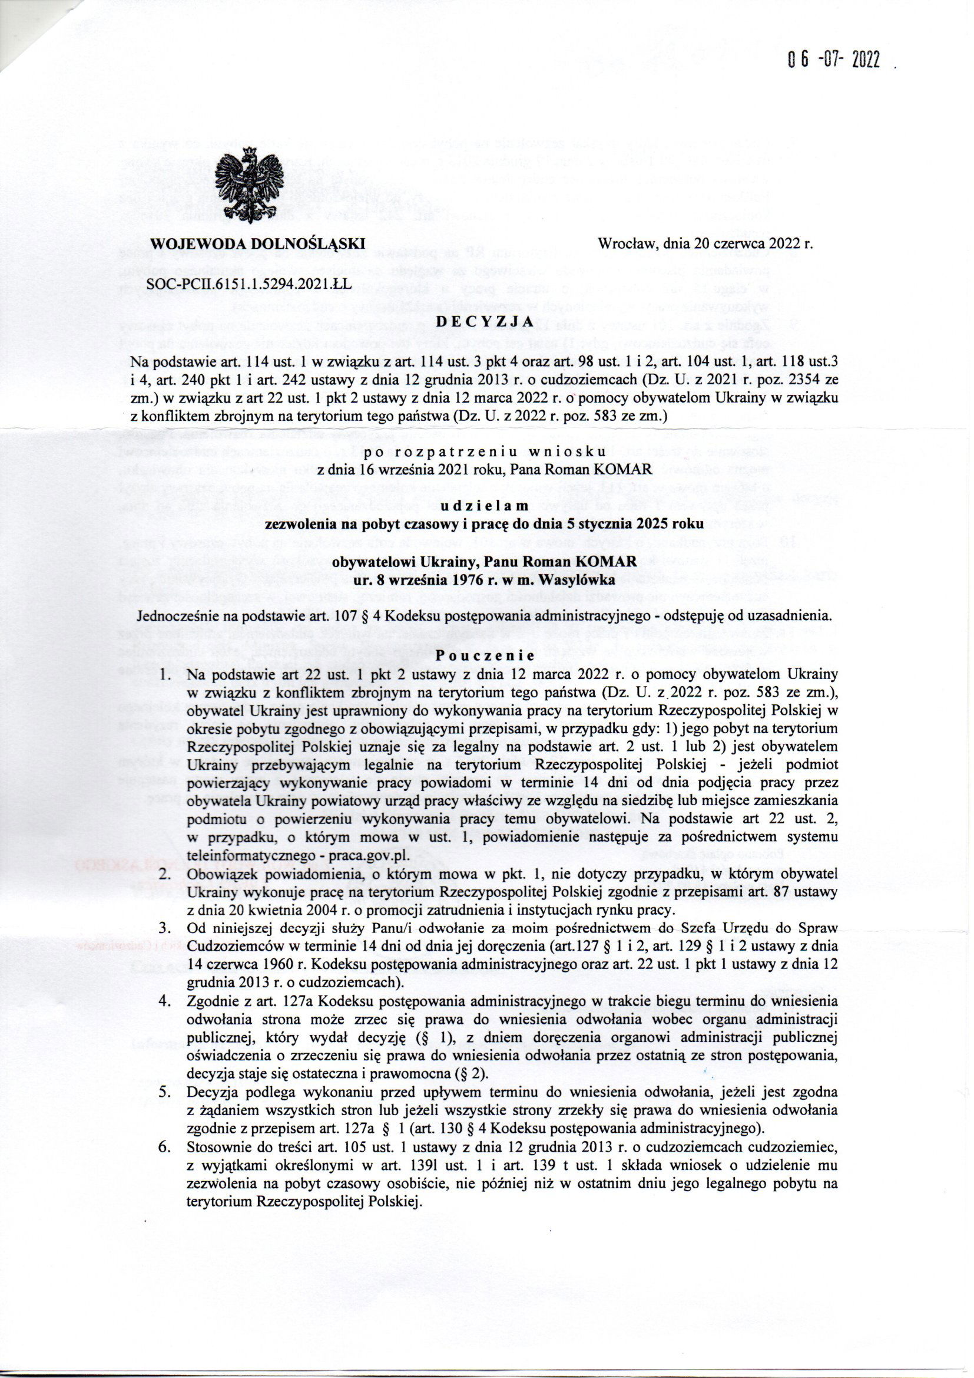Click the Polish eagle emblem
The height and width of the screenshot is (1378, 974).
click(x=249, y=188)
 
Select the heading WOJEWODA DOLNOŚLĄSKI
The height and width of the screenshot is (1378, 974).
click(x=258, y=244)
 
